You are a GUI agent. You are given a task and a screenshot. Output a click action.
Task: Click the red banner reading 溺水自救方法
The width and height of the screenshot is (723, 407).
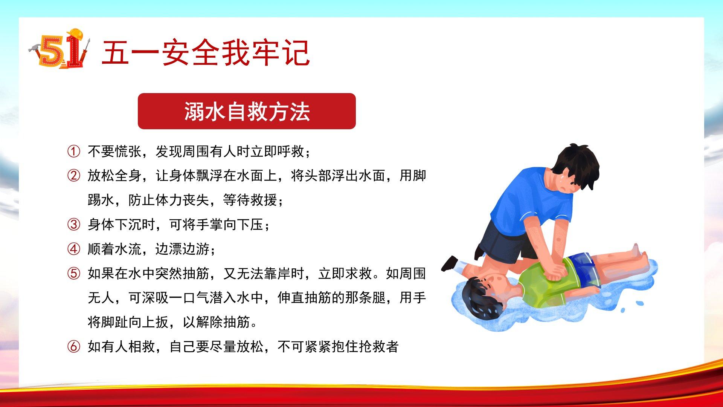pyautogui.click(x=247, y=111)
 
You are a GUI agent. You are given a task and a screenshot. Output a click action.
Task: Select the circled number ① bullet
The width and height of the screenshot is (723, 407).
pyautogui.click(x=73, y=151)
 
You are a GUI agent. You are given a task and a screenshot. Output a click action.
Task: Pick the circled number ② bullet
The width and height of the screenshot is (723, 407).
pyautogui.click(x=73, y=176)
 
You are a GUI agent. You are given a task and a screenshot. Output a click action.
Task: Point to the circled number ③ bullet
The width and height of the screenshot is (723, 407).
pyautogui.click(x=73, y=225)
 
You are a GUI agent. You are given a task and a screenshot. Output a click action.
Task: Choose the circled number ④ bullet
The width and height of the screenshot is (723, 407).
pyautogui.click(x=73, y=249)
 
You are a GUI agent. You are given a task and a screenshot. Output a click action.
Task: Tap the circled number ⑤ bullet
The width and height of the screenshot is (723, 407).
pyautogui.click(x=73, y=273)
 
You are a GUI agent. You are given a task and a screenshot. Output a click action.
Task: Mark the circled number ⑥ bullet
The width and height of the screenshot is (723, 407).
pyautogui.click(x=73, y=346)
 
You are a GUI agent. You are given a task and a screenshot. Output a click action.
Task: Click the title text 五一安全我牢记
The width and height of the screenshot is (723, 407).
pyautogui.click(x=206, y=53)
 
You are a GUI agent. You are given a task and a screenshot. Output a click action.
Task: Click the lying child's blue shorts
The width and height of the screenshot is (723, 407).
pyautogui.click(x=581, y=266)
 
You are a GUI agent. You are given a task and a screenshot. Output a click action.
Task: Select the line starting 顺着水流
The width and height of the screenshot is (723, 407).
pyautogui.click(x=152, y=249)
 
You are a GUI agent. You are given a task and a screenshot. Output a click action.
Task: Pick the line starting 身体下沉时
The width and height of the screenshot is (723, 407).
pyautogui.click(x=179, y=225)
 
